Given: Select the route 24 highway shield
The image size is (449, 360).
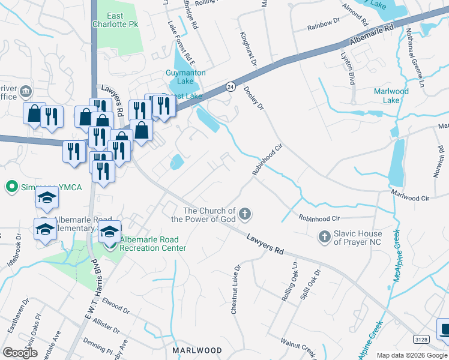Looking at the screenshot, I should click(x=230, y=86).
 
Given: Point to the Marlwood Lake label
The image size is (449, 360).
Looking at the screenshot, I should click(x=391, y=96).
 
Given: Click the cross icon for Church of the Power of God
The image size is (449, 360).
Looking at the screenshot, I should click(x=244, y=213).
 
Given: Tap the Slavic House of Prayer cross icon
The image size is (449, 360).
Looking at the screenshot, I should click(x=325, y=236).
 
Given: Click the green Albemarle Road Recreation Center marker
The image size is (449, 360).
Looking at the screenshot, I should click(x=110, y=244).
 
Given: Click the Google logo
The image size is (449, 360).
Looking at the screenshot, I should click(x=20, y=353).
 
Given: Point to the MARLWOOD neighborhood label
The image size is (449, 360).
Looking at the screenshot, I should click(x=197, y=350).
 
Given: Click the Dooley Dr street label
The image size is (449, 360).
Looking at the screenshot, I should click(x=254, y=98).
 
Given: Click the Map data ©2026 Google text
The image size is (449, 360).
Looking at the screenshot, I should click(x=412, y=355).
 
